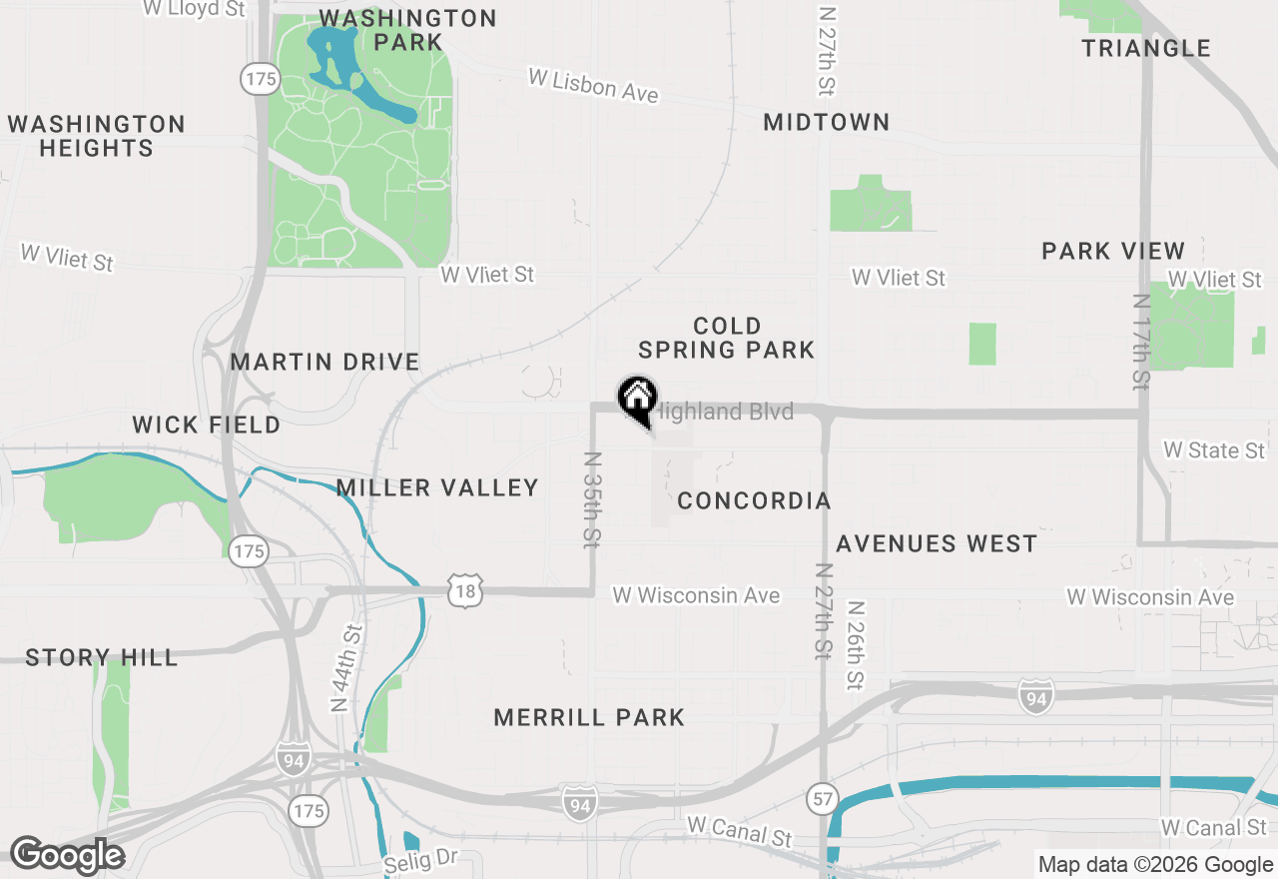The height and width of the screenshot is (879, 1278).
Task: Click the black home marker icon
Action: click(x=637, y=398)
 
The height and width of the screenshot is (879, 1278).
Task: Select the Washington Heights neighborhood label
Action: click(x=96, y=136)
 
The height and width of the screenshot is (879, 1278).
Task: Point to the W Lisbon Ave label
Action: click(x=593, y=85)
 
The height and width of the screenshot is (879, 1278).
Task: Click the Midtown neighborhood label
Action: click(x=826, y=122)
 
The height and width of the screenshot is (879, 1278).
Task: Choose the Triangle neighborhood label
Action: click(x=1146, y=48)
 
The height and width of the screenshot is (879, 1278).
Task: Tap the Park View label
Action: click(x=1113, y=251)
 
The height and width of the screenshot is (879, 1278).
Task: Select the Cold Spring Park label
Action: click(x=727, y=338)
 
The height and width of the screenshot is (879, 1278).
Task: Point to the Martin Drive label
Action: click(x=325, y=362)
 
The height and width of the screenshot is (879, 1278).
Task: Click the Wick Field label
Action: click(x=207, y=426)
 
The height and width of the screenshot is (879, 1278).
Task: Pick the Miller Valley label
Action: click(x=437, y=487)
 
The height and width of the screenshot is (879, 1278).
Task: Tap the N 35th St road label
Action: click(x=591, y=499)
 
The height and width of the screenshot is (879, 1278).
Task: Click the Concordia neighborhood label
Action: click(x=754, y=500)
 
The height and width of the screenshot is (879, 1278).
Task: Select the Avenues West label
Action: click(x=937, y=543)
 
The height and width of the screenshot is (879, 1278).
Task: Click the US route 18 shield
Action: click(x=465, y=590)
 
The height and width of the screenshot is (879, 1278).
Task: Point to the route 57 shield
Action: click(x=821, y=797)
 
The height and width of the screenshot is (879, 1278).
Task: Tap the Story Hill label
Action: click(x=102, y=657)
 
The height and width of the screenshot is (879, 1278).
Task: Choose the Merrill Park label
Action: click(x=589, y=717)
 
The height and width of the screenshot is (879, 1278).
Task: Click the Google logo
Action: click(x=67, y=855)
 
